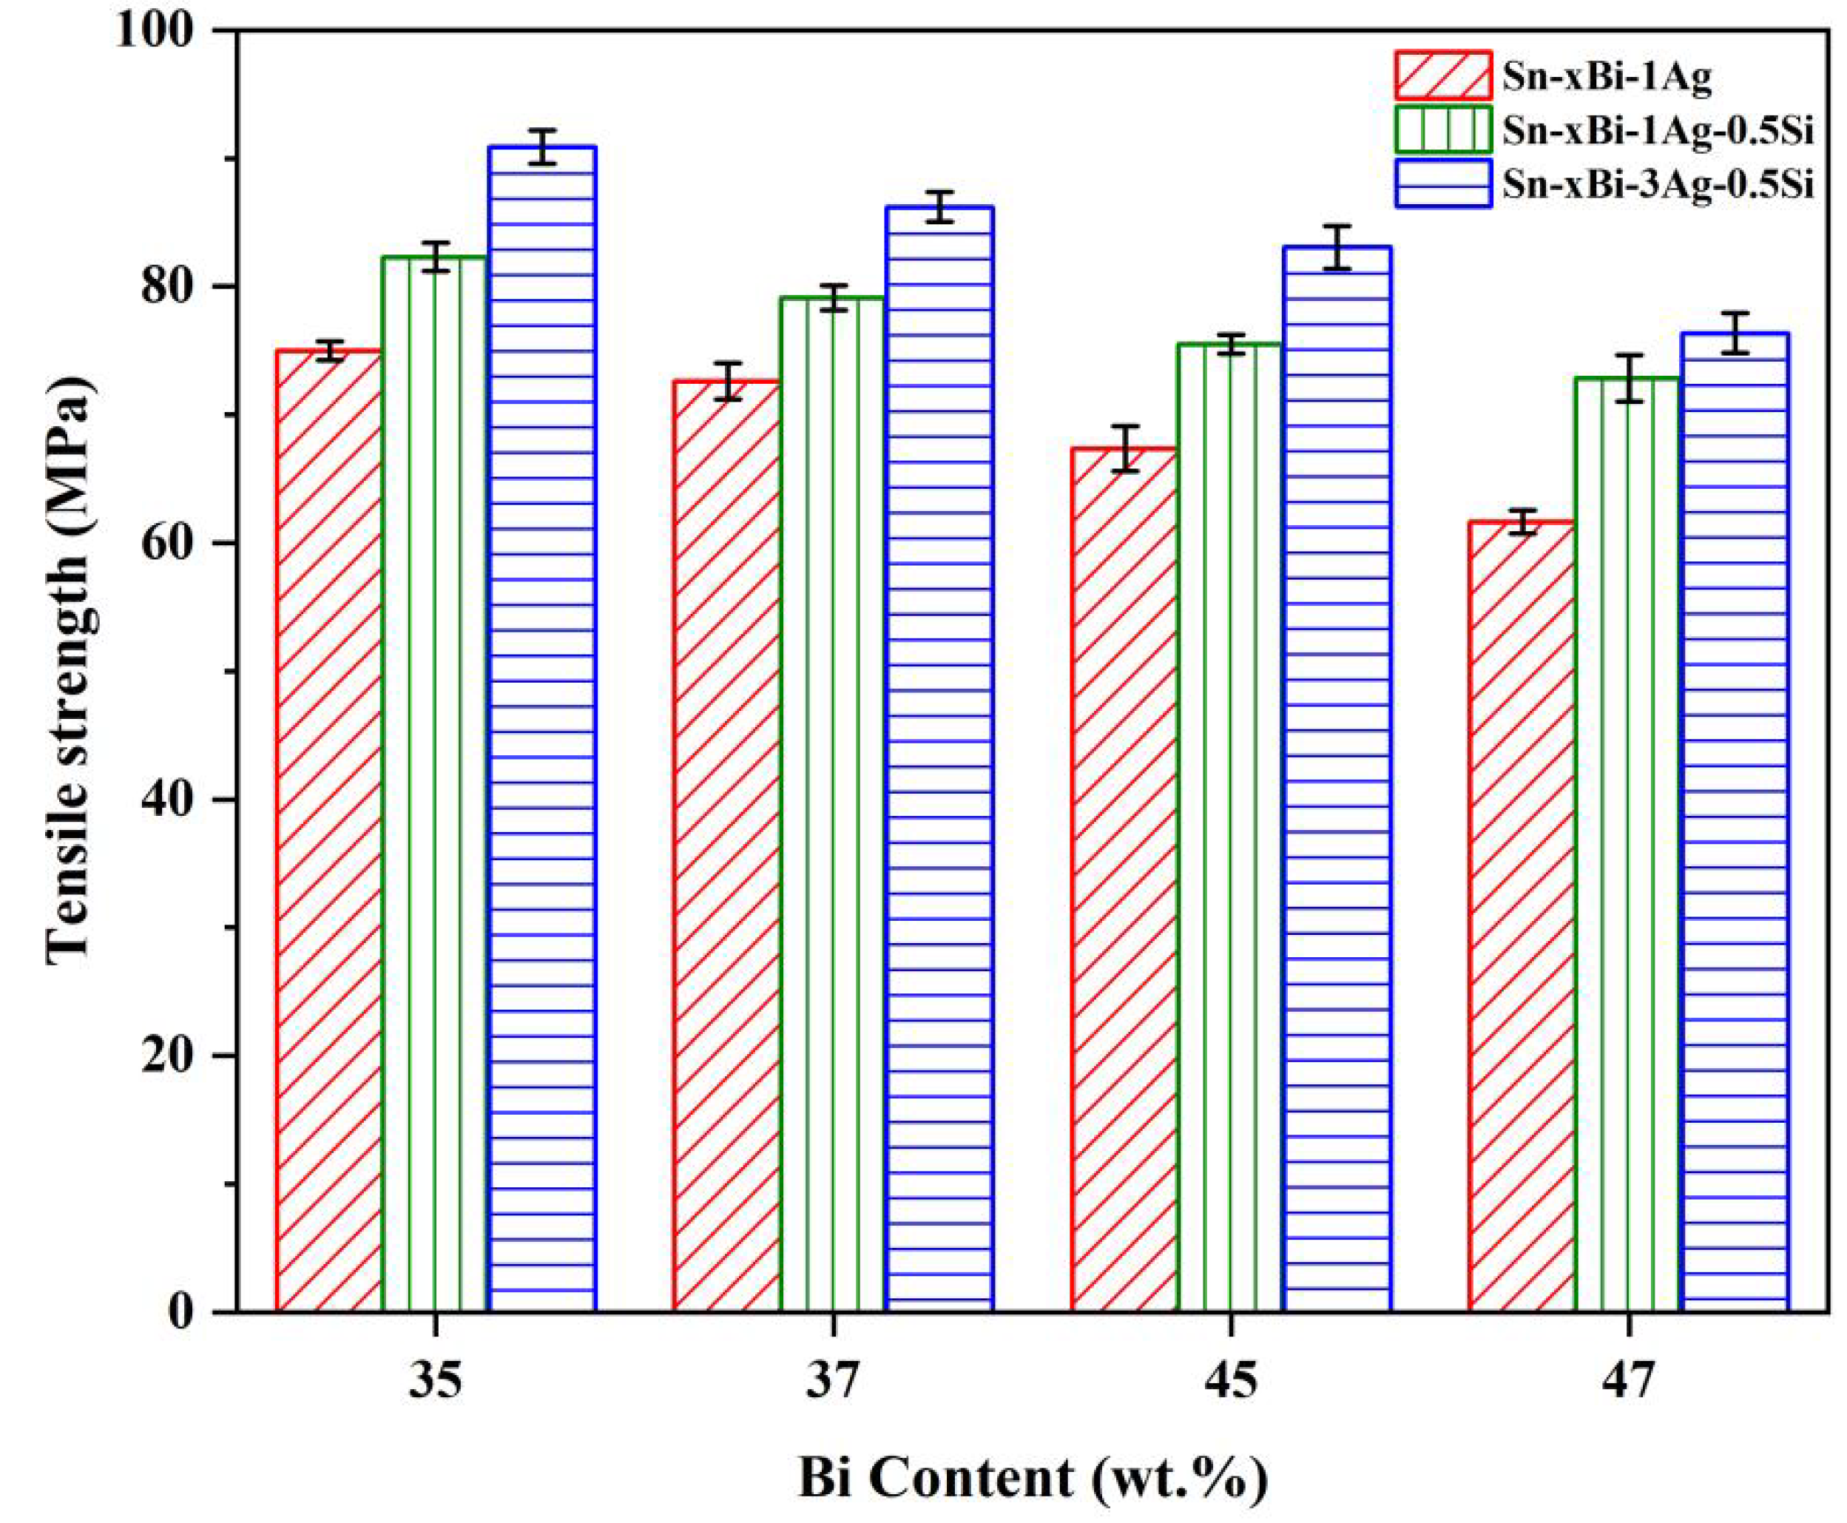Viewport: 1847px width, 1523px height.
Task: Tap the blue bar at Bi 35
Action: pos(542,728)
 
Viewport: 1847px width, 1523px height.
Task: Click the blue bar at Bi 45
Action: pos(1337,781)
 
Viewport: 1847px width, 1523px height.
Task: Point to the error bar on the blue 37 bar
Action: pos(939,206)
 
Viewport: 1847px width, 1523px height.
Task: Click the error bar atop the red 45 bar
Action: pos(1124,448)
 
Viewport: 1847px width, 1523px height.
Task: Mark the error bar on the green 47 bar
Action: pos(1629,378)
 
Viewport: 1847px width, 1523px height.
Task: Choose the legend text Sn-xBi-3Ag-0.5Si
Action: pos(1658,184)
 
